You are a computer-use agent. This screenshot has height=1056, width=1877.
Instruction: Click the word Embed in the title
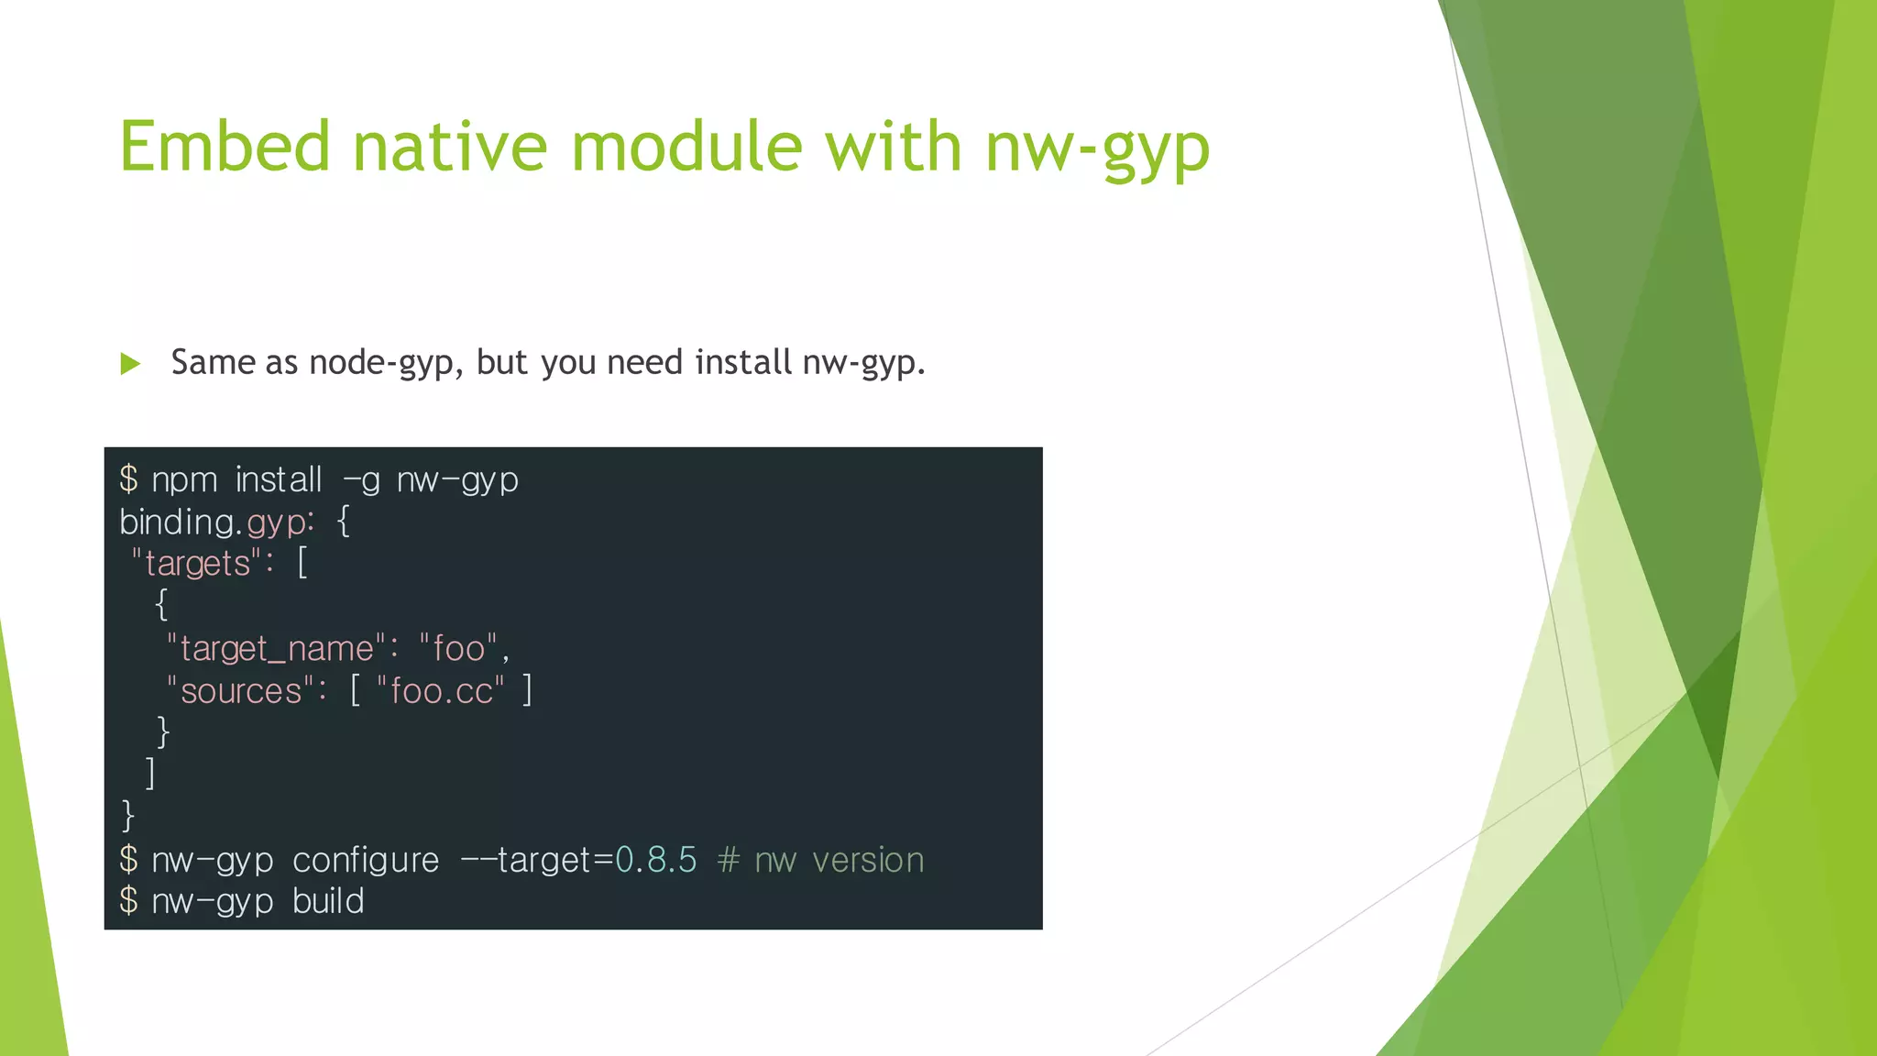click(x=225, y=147)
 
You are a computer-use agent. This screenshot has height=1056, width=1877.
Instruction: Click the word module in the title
click(x=686, y=147)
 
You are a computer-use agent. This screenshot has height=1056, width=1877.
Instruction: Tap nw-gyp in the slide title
click(x=1097, y=148)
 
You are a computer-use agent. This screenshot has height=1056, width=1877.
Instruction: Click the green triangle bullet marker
click(x=130, y=364)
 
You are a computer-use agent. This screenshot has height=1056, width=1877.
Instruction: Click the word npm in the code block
click(x=184, y=480)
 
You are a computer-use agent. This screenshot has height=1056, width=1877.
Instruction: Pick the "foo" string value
click(x=458, y=649)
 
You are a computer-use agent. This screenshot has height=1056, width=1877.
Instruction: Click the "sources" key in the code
click(x=241, y=691)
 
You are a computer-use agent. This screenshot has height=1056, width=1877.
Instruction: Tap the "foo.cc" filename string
click(x=441, y=691)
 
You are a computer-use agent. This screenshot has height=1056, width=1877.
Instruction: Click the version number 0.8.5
click(x=655, y=861)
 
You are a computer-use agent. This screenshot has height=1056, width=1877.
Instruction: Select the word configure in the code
click(x=366, y=861)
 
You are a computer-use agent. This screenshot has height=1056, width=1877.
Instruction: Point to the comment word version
click(x=868, y=861)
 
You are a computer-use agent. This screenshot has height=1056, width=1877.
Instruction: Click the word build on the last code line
click(x=328, y=902)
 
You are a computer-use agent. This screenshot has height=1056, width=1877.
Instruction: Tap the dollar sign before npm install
click(x=128, y=479)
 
